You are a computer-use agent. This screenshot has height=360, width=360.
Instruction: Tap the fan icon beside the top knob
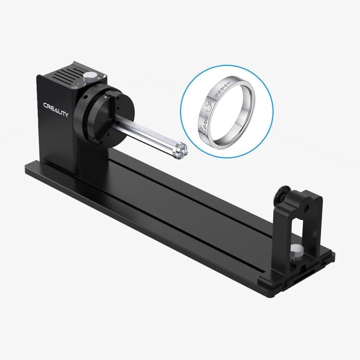75,87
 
